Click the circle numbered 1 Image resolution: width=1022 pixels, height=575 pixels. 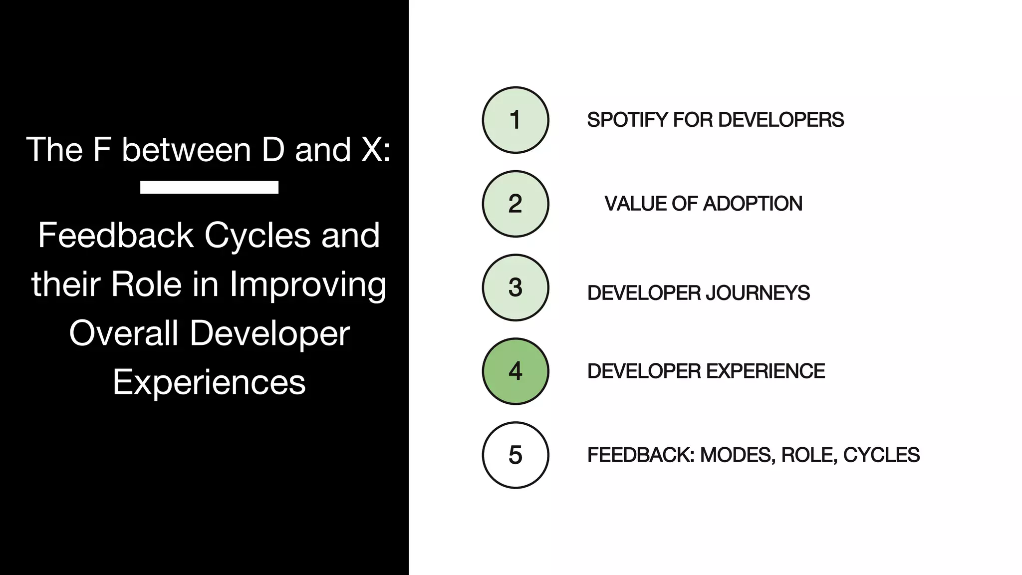(x=515, y=120)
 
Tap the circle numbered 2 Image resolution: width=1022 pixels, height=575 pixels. (x=515, y=204)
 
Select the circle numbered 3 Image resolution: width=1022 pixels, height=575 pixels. (x=515, y=287)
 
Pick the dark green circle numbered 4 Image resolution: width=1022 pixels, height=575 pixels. (x=515, y=371)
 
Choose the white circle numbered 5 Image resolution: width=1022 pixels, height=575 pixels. (x=515, y=455)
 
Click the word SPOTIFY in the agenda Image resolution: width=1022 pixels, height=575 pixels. (x=627, y=120)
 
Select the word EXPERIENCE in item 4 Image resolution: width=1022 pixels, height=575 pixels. (x=766, y=371)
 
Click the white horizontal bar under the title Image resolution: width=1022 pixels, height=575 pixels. (x=209, y=187)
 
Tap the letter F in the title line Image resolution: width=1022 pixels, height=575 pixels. (x=101, y=150)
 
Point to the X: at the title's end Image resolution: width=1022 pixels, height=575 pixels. (x=375, y=150)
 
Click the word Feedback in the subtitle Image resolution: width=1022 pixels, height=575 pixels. (x=115, y=236)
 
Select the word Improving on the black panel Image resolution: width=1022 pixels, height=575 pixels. (x=307, y=285)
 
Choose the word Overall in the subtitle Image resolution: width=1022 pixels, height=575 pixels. (x=123, y=333)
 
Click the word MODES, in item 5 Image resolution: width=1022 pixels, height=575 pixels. (x=738, y=455)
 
